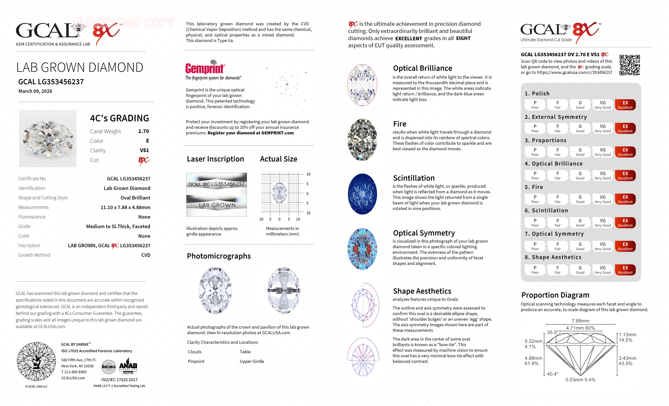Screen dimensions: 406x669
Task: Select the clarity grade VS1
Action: point(144,150)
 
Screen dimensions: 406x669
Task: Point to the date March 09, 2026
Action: point(35,91)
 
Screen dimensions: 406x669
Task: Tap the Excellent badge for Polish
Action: point(625,105)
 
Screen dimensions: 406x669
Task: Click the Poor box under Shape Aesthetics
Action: point(535,270)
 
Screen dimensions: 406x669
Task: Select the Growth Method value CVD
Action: point(146,255)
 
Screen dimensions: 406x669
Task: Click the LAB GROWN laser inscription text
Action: point(217,205)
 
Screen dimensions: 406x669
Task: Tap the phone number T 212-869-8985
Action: point(74,372)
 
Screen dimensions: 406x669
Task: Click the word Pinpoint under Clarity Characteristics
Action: point(196,361)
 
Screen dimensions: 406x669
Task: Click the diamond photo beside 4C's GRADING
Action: point(48,138)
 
